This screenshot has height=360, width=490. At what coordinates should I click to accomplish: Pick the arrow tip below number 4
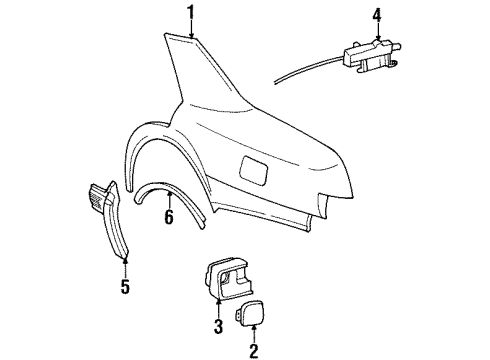pos(377,38)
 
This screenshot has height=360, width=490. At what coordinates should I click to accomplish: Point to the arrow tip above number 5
pos(125,257)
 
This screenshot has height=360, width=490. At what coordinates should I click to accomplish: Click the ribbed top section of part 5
pos(101,196)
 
